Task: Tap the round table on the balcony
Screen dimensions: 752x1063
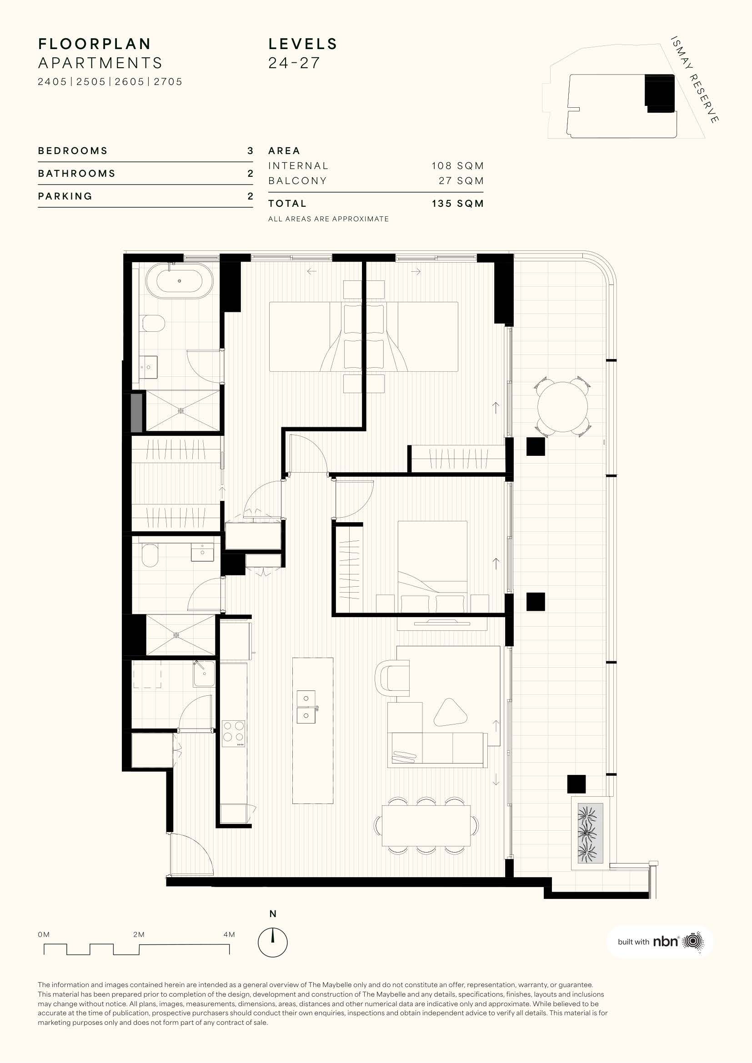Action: [x=562, y=407]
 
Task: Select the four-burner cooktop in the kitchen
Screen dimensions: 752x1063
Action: [x=234, y=734]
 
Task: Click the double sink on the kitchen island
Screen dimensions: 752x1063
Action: [x=306, y=707]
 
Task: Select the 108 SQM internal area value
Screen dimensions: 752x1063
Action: [x=457, y=166]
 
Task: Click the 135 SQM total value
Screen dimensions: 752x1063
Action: [x=457, y=204]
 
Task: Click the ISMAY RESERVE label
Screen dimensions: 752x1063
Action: [x=695, y=79]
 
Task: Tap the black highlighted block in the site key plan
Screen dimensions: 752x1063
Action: [x=659, y=93]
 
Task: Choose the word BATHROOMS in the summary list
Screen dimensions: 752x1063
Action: [x=76, y=174]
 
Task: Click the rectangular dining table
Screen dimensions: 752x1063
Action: [x=426, y=825]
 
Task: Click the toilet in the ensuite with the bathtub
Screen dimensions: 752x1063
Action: [x=153, y=323]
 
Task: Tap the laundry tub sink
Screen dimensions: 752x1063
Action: [x=204, y=673]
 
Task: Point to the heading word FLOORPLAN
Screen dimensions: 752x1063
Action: [x=95, y=44]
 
